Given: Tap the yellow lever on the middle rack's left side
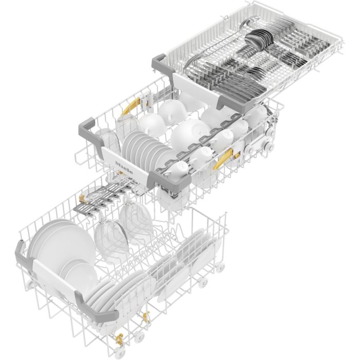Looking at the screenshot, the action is pos(131,105).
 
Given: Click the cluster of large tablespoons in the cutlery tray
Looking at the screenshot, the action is pos(259,40).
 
